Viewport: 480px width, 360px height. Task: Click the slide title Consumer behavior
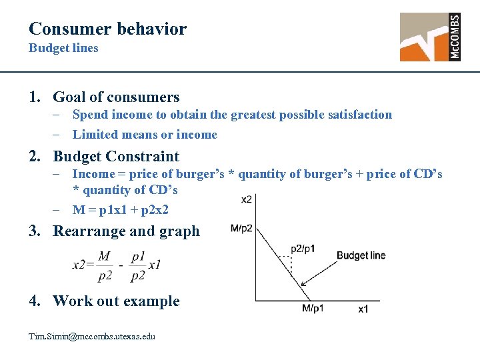coord(107,29)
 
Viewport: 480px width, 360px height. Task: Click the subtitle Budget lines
coord(63,48)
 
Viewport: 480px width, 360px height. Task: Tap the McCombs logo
coord(430,37)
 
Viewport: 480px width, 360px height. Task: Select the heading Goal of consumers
coord(116,97)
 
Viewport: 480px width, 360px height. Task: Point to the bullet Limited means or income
coord(145,135)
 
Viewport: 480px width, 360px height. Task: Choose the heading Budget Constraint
coord(116,157)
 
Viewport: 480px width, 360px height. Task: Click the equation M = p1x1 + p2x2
coord(121,209)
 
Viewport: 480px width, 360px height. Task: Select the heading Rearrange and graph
coord(126,231)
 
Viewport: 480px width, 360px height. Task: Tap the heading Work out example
coord(116,301)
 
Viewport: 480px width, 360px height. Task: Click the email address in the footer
coord(92,336)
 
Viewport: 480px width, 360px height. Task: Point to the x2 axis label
coord(246,199)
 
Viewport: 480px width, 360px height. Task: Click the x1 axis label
coord(363,309)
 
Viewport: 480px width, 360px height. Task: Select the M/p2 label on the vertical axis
coord(241,228)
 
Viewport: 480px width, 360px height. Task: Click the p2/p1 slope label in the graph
coord(302,249)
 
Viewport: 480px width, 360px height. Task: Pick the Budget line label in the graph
coord(361,255)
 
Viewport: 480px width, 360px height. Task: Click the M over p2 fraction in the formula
coord(103,265)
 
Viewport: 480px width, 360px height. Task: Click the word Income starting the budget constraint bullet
coord(93,175)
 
